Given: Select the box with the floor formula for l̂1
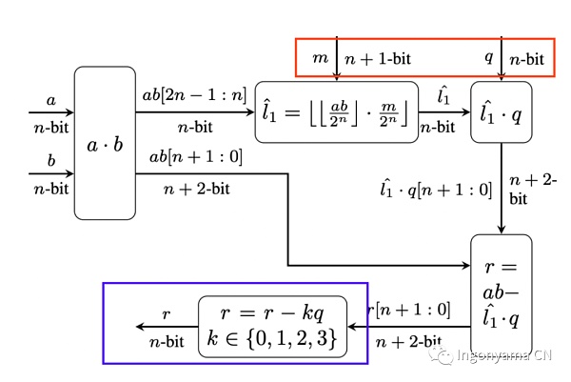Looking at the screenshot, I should pos(337,111).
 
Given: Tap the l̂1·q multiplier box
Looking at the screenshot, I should pos(502,112).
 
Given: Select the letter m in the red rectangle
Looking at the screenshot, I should pos(320,59).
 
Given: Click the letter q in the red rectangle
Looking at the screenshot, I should pos(488,58).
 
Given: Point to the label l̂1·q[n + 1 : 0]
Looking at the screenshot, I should pos(435,191).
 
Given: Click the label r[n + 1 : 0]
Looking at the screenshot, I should pos(409,310).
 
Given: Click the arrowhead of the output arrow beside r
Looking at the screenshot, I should pos(140,327).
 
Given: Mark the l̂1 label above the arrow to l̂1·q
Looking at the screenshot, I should pos(443,94).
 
